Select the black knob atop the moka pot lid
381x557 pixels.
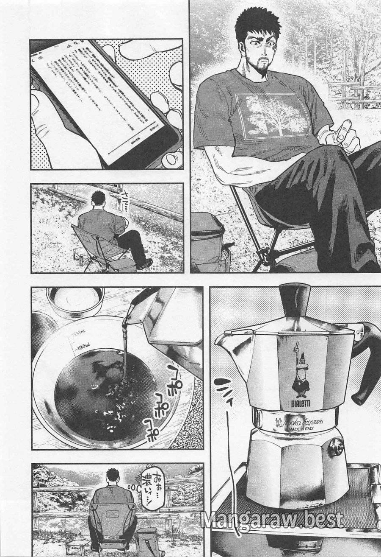[x=295, y=299]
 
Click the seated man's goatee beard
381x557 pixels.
[x=262, y=70]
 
